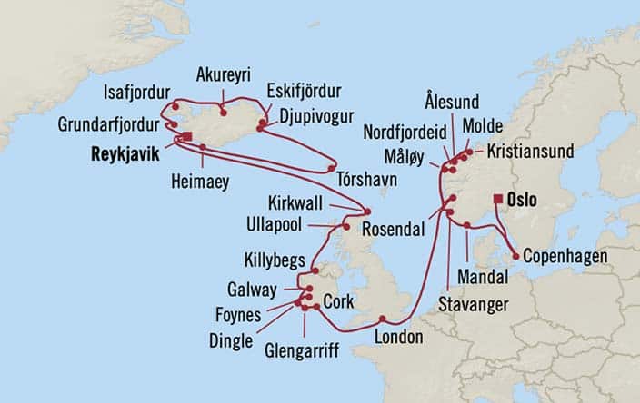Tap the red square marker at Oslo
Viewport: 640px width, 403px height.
(497, 199)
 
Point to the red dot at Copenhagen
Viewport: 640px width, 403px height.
(515, 258)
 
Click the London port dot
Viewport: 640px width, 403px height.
(383, 319)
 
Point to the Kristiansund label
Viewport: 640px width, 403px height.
(530, 151)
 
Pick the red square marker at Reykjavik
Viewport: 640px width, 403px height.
(186, 137)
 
